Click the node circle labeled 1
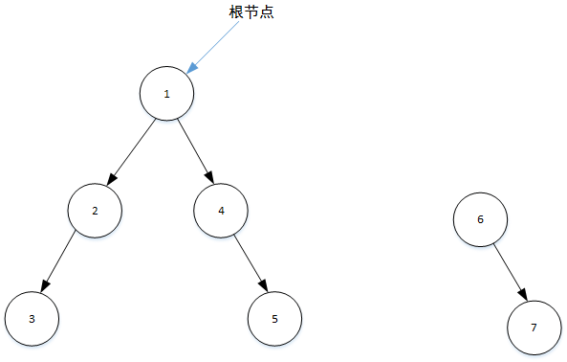coord(166,93)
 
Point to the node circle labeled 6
coord(480,219)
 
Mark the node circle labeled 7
coord(534,327)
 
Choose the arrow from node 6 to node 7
coord(507,271)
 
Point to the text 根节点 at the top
coord(251,12)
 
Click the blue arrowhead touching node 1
coord(192,68)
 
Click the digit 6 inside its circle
coord(480,219)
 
